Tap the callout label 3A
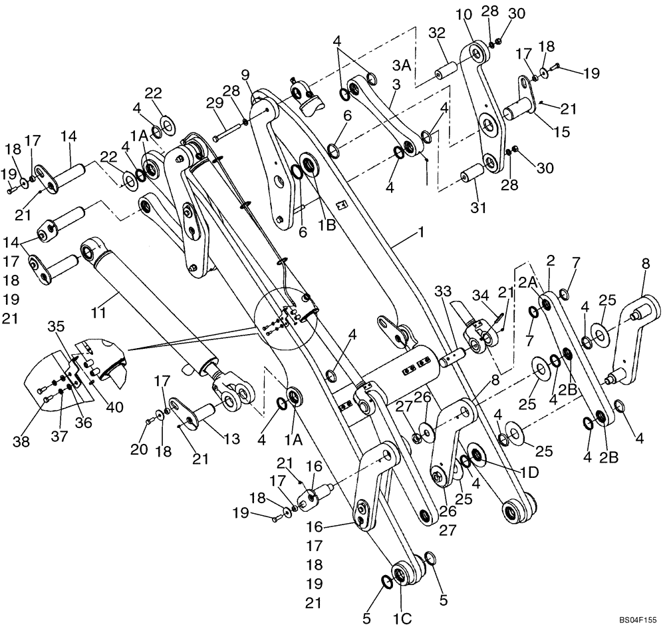click(x=401, y=65)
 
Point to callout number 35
click(x=57, y=326)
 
